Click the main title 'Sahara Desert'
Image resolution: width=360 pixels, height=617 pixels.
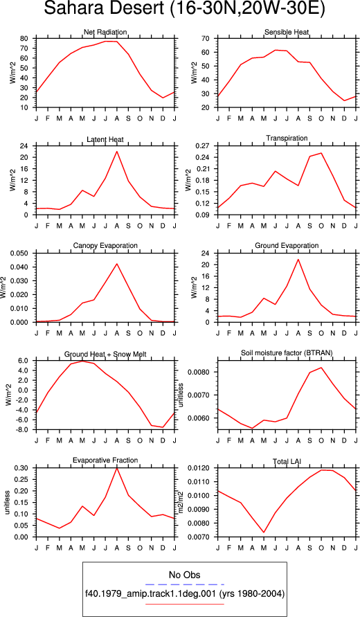click(105, 9)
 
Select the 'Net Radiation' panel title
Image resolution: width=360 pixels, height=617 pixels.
click(105, 32)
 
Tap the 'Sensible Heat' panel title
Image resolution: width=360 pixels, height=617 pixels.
click(287, 32)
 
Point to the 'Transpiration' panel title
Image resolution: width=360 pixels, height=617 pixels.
click(287, 138)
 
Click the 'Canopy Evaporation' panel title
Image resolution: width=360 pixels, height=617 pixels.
click(105, 246)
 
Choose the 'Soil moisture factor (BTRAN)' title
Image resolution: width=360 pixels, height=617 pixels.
click(287, 353)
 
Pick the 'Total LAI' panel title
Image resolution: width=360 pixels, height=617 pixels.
click(287, 461)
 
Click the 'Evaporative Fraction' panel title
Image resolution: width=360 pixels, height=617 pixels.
click(105, 460)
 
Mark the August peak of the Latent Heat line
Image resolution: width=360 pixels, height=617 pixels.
click(117, 152)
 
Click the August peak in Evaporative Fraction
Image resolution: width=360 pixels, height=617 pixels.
click(117, 468)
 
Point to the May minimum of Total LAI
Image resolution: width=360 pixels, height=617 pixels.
click(264, 533)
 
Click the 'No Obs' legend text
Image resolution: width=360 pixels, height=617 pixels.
click(185, 575)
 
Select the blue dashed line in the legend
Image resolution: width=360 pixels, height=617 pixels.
click(185, 584)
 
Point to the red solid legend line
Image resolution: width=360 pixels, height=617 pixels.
click(185, 604)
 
